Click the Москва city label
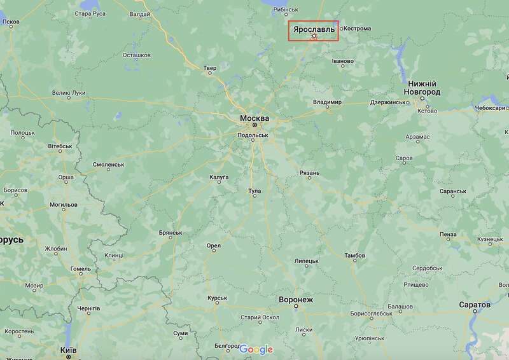pyautogui.click(x=254, y=118)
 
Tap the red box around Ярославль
pyautogui.click(x=314, y=31)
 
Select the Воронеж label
pyautogui.click(x=296, y=299)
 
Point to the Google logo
pyautogui.click(x=256, y=349)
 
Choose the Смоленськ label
pyautogui.click(x=108, y=164)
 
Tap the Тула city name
pyautogui.click(x=254, y=190)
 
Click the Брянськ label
pyautogui.click(x=170, y=233)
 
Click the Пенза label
pyautogui.click(x=447, y=234)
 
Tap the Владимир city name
pyautogui.click(x=328, y=102)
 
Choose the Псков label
pyautogui.click(x=11, y=22)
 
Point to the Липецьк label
pyautogui.click(x=307, y=261)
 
